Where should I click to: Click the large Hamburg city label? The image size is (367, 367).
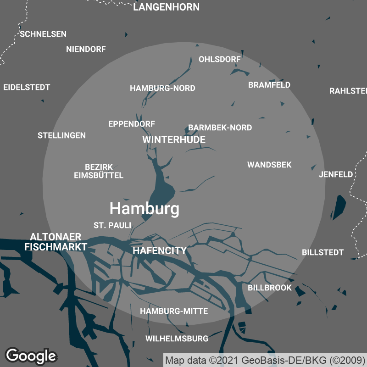tap(144, 209)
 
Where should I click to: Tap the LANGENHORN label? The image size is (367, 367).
tap(166, 7)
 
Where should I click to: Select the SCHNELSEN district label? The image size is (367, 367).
tap(43, 34)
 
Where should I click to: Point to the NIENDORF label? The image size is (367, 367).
tap(86, 49)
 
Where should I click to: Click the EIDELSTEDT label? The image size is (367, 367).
tap(27, 87)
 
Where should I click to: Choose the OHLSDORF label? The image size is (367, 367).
tap(219, 59)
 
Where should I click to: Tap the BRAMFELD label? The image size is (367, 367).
tap(269, 85)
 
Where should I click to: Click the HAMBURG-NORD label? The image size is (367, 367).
tap(162, 88)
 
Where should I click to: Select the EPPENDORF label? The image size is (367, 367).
tap(131, 124)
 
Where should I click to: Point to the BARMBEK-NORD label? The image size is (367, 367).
tap(220, 128)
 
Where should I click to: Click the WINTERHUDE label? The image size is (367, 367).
tap(173, 139)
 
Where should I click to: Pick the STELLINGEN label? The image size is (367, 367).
tap(61, 135)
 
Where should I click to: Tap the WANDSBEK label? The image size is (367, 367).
tap(269, 165)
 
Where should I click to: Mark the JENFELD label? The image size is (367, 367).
tap(336, 174)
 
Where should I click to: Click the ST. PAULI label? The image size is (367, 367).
tap(112, 225)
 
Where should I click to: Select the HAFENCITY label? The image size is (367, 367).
tap(159, 250)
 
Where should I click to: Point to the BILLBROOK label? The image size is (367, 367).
tap(269, 288)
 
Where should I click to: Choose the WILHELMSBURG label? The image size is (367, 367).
tap(177, 339)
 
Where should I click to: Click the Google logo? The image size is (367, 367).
tap(31, 355)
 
